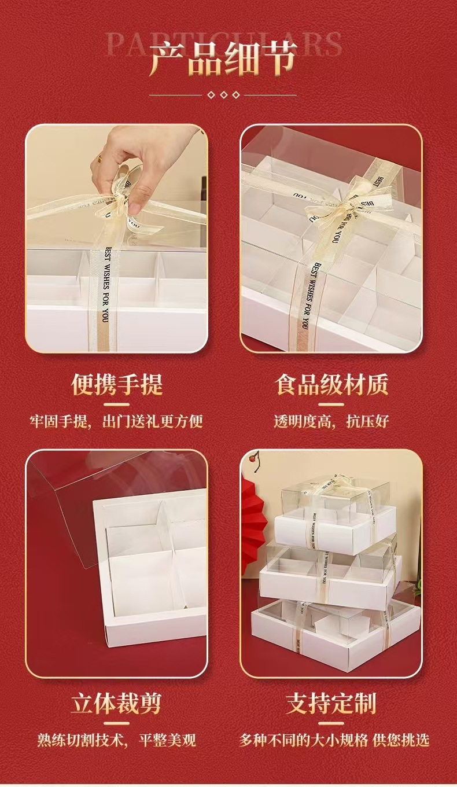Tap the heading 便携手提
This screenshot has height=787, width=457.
point(117,385)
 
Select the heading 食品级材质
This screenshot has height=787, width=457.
point(331,385)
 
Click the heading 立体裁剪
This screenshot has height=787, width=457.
point(116,704)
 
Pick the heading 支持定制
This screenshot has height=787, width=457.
point(331,704)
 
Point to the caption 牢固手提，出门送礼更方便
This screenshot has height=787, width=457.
point(117,421)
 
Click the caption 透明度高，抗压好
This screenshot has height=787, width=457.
point(331,421)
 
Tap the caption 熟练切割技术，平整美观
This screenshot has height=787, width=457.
point(117,740)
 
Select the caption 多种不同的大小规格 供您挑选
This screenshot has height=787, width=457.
point(335,740)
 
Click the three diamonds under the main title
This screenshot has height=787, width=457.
point(223,95)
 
